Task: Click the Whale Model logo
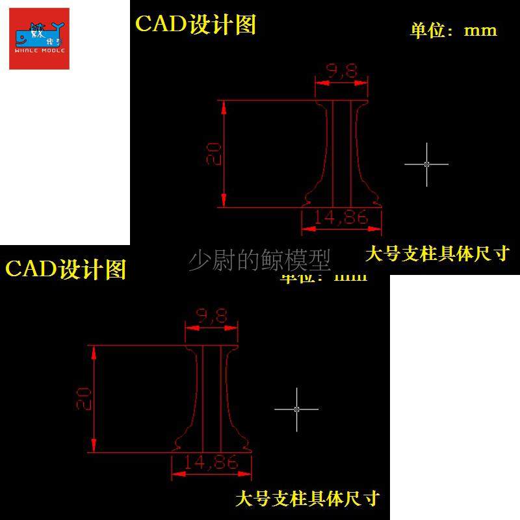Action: coord(39,38)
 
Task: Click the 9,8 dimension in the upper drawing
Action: coord(342,71)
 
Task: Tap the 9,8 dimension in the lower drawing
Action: coord(212,317)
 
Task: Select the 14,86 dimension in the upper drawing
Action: coord(341,218)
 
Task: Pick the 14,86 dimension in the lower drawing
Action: coord(211,463)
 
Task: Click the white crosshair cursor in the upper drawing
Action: coord(426,164)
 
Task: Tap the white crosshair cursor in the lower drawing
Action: coord(296,409)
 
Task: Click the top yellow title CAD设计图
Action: coord(196,24)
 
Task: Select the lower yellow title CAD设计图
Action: coord(66,268)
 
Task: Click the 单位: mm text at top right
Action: coord(454,30)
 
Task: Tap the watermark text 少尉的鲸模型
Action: coord(259,261)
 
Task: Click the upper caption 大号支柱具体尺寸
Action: coord(436,253)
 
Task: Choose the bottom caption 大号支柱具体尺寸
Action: coord(307,499)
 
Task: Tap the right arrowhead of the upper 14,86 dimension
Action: coord(378,228)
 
